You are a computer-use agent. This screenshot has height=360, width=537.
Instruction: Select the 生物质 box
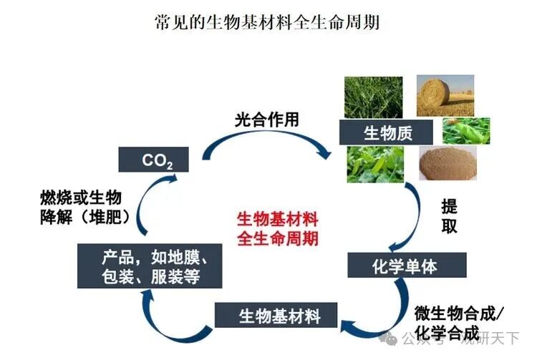[x=387, y=132]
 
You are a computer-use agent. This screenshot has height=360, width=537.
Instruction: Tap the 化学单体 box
[x=405, y=266]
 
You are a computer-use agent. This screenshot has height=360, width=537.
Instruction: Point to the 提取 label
[x=449, y=216]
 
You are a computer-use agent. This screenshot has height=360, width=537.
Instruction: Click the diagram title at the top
[x=267, y=22]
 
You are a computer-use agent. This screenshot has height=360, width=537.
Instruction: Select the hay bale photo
[x=444, y=96]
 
